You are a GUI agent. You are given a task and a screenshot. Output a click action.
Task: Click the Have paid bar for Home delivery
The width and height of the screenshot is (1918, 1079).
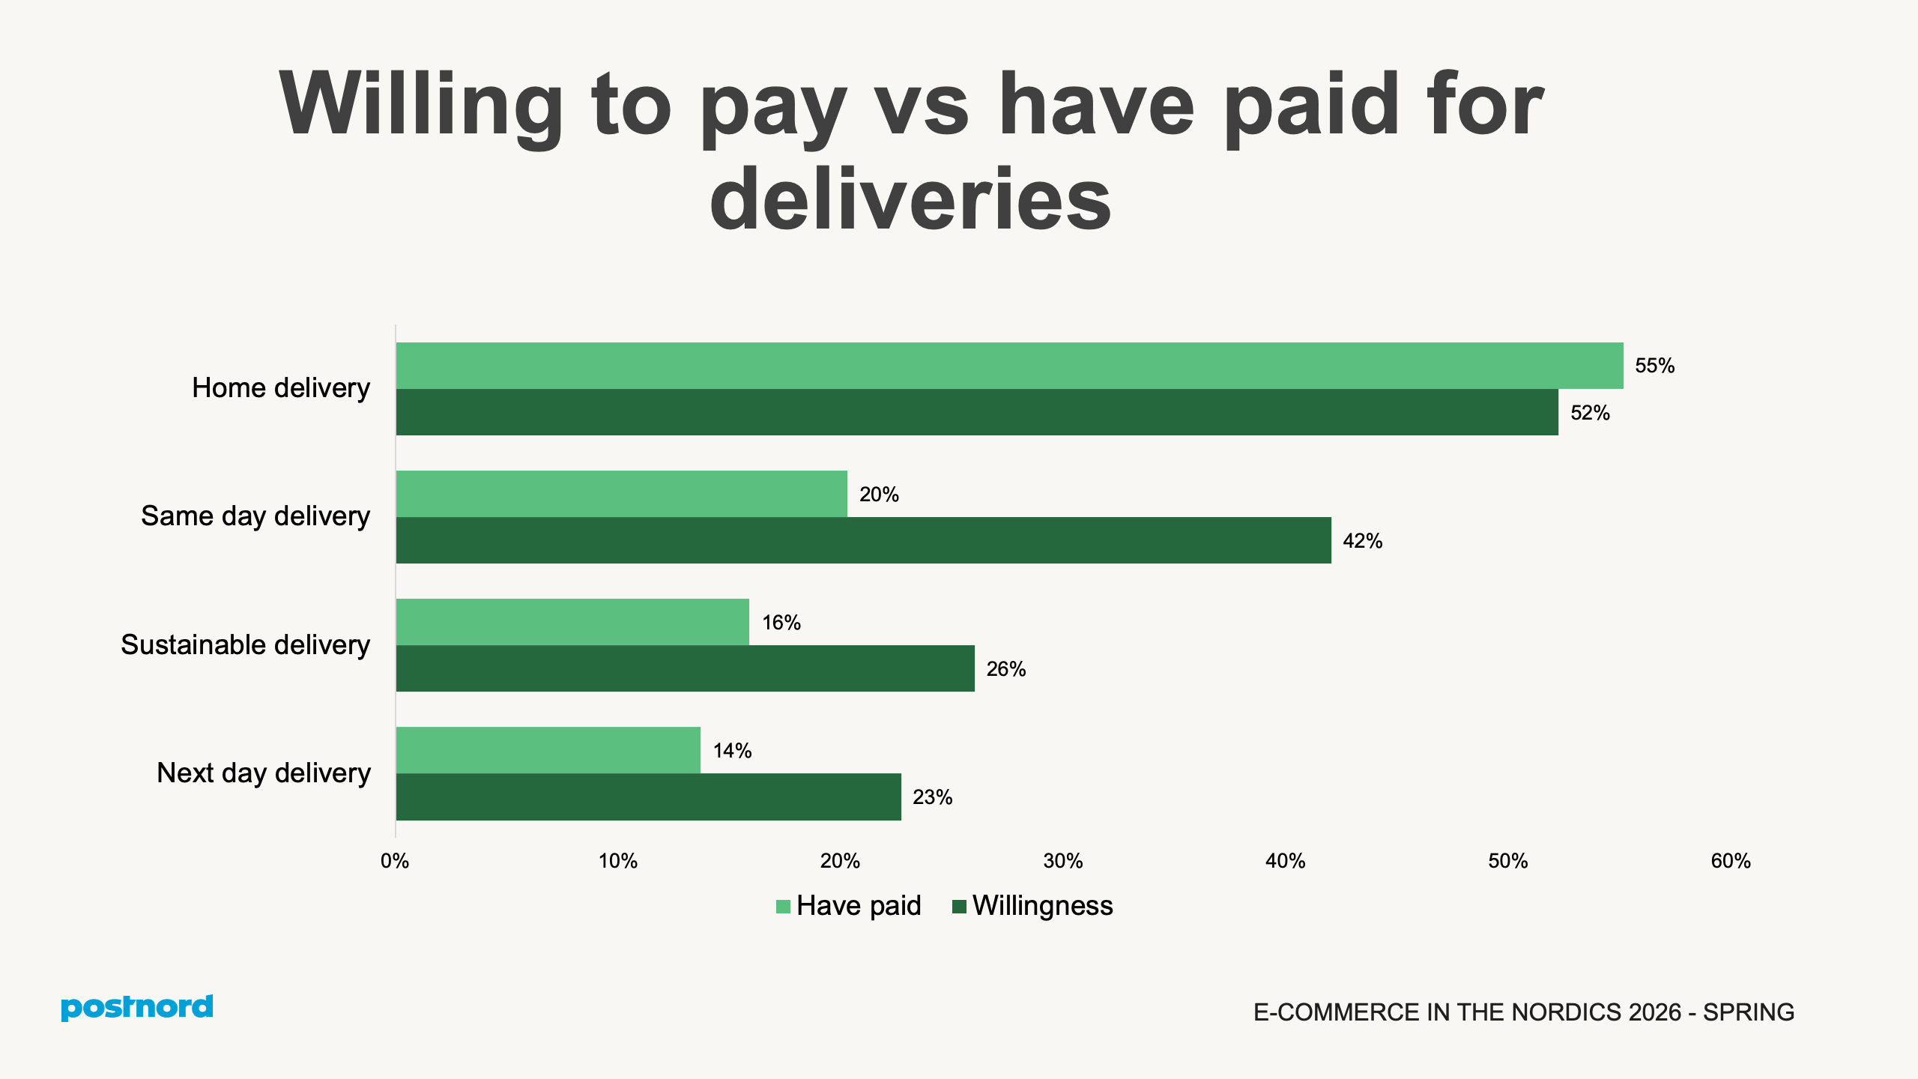(x=1009, y=366)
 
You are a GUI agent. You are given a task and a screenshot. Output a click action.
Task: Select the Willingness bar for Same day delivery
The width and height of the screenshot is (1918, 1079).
(x=863, y=540)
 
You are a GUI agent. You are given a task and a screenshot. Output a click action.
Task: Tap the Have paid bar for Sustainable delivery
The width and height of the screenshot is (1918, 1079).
(x=572, y=622)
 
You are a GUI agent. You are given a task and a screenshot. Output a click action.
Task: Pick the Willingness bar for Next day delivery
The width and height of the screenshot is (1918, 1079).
(x=648, y=797)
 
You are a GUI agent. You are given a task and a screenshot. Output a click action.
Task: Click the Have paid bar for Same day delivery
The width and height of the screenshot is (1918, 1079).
(x=621, y=494)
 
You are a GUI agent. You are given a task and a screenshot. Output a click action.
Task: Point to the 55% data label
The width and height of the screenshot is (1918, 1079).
(x=1654, y=366)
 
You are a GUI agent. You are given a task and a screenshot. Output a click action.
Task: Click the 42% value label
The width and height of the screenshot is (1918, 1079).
(x=1362, y=541)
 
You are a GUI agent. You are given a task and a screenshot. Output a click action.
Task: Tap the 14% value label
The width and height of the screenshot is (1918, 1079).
(x=732, y=751)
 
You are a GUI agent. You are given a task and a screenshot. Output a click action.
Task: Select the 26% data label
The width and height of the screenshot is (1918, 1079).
(x=1005, y=669)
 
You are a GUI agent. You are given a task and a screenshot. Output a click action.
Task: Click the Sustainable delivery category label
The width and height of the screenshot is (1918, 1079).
(x=246, y=645)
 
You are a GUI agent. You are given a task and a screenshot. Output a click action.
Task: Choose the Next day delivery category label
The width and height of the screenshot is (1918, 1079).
(x=264, y=773)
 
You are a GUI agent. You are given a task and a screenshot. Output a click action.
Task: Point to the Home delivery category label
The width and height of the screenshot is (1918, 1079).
(x=281, y=388)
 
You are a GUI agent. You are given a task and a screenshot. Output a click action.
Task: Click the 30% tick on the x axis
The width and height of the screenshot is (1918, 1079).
(x=1062, y=861)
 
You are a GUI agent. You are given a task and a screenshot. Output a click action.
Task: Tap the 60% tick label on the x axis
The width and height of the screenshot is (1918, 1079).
(x=1731, y=861)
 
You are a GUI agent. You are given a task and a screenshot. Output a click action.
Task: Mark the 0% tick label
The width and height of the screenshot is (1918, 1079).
(x=395, y=861)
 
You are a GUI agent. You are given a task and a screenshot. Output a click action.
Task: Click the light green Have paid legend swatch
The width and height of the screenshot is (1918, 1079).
(x=783, y=907)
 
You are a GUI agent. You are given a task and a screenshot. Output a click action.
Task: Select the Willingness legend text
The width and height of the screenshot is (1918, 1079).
(x=1042, y=906)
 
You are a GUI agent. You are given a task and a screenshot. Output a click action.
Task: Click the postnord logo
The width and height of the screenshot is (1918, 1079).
(x=137, y=1007)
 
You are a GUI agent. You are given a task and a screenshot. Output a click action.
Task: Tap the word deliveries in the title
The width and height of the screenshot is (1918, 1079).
(x=910, y=199)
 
